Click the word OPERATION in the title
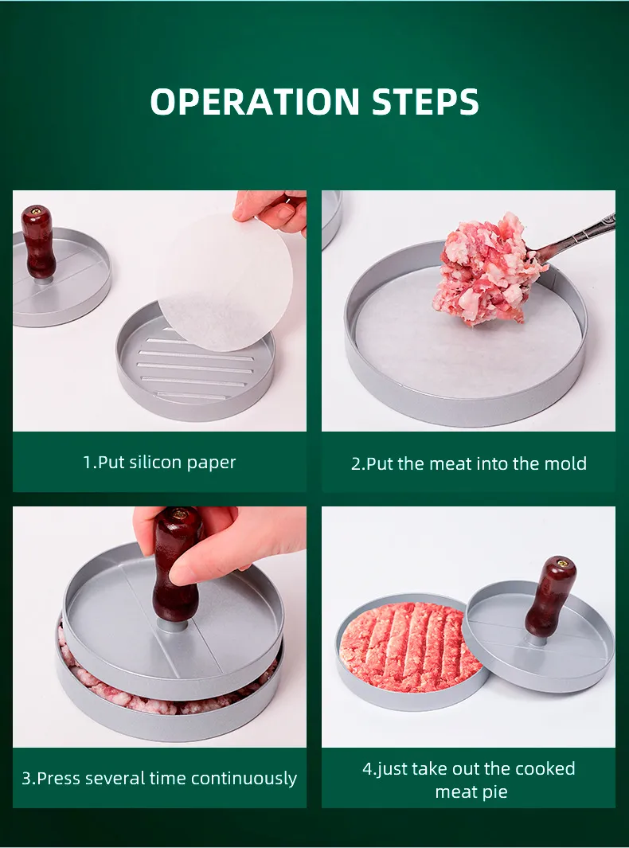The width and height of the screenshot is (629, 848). [255, 102]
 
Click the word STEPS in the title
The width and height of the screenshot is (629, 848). [425, 102]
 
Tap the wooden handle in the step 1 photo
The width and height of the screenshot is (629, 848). [38, 241]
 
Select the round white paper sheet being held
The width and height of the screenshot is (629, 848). [225, 282]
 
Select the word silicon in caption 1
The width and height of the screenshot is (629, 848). [155, 463]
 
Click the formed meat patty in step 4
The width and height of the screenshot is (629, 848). [409, 647]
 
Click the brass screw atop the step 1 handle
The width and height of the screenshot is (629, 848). [37, 210]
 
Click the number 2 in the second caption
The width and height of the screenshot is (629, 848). [356, 464]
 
